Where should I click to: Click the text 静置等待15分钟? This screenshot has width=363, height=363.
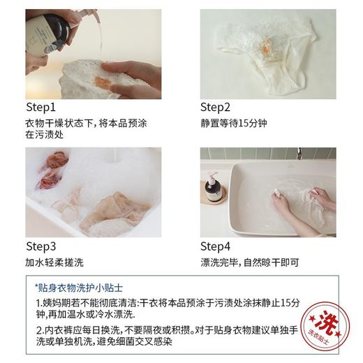tap(233, 123)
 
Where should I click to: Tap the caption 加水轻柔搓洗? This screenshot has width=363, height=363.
tap(55, 262)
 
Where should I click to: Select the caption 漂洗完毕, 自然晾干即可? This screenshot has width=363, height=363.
tap(251, 262)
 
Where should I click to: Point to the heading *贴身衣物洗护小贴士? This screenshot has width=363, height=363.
tap(80, 286)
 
